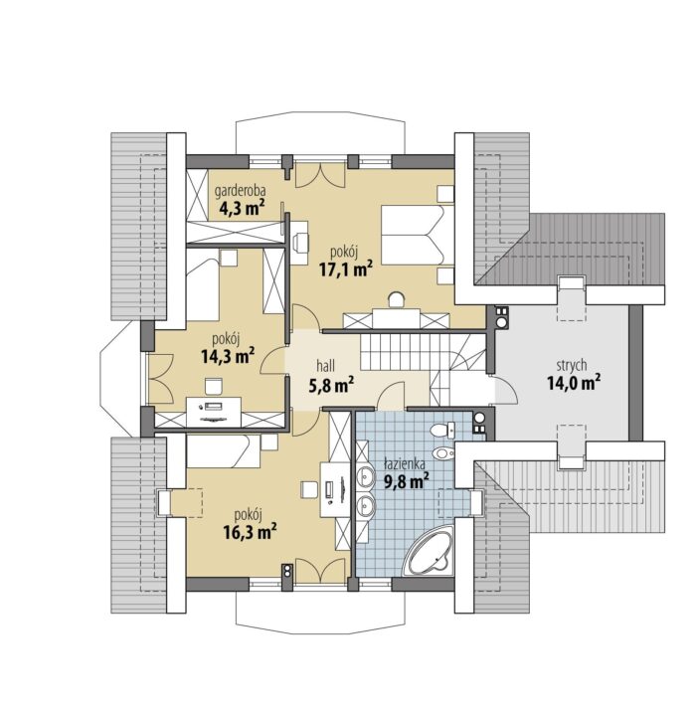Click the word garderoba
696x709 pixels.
(241, 192)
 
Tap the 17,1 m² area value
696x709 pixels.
(346, 269)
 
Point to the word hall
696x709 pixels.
(325, 366)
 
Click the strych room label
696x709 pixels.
(572, 365)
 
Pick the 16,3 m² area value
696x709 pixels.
(251, 532)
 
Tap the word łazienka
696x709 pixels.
(404, 464)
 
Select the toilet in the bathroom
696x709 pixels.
(442, 430)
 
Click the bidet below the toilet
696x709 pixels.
(442, 452)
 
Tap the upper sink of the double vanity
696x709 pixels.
(365, 477)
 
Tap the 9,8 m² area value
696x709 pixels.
(407, 482)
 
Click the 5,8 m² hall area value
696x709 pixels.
(331, 385)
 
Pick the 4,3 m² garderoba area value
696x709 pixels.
(242, 209)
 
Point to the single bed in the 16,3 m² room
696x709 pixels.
(224, 451)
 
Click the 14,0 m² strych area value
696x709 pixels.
(574, 383)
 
